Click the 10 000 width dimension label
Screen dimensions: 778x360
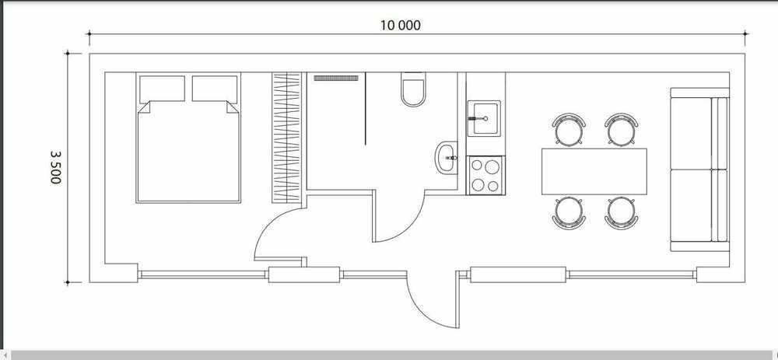point(400,26)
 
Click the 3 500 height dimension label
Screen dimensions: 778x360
point(55,167)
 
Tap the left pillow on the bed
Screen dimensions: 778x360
point(163,89)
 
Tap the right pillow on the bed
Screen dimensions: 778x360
point(215,89)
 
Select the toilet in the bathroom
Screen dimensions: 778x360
point(413,89)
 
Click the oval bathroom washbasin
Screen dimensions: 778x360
point(447,158)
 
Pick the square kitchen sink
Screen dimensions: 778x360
point(484,118)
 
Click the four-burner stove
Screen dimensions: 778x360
point(485,175)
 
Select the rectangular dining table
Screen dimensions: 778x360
point(594,172)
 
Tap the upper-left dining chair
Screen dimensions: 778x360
point(569,129)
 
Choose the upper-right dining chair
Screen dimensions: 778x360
point(621,129)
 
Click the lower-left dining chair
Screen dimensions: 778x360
point(569,213)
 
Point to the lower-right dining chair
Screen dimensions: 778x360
point(621,213)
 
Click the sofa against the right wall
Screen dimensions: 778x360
point(699,170)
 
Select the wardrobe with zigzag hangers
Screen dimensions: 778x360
point(287,138)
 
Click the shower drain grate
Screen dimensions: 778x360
point(336,79)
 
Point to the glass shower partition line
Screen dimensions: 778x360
point(366,109)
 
